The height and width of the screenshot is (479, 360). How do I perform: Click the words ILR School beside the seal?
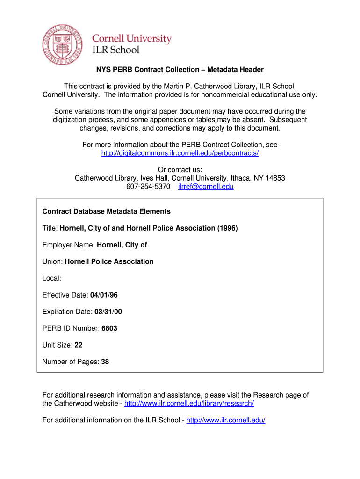(112, 50)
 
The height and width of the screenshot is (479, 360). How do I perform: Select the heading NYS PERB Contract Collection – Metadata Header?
(180, 70)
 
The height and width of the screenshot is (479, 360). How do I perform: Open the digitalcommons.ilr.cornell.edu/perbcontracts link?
(180, 153)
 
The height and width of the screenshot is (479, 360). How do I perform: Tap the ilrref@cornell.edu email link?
(206, 187)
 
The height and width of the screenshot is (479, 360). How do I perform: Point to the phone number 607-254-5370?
(148, 187)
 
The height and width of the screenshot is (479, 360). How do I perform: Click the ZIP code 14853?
(275, 178)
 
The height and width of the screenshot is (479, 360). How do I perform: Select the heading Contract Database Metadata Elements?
(107, 211)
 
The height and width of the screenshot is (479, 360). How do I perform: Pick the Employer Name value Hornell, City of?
(122, 245)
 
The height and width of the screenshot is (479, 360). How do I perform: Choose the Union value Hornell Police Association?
(109, 261)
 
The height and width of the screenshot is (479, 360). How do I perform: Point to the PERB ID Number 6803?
(109, 328)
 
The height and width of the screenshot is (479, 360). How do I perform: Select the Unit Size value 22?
(78, 345)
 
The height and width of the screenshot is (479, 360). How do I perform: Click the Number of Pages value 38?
(105, 362)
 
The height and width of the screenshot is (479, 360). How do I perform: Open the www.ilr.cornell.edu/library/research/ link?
(189, 404)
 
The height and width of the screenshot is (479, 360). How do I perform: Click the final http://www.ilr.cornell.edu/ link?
(226, 421)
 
